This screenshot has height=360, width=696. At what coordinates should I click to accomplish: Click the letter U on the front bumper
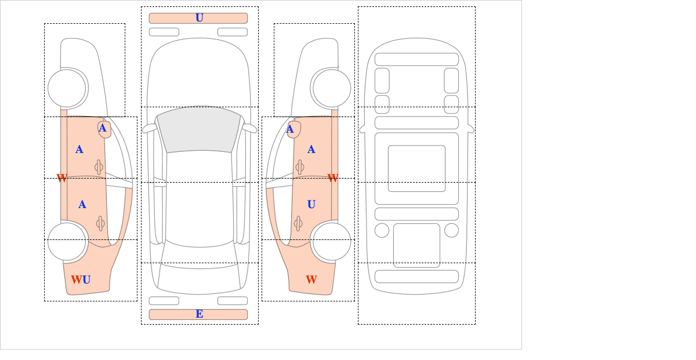click(x=200, y=18)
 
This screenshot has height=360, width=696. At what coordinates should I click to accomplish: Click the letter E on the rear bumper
click(x=200, y=314)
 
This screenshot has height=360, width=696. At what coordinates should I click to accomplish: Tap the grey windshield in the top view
click(x=199, y=129)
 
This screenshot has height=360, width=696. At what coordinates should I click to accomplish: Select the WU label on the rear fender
click(x=81, y=279)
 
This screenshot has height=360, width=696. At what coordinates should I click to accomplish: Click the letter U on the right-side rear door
click(x=311, y=205)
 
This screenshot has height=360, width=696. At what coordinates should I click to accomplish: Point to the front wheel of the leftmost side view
click(x=67, y=88)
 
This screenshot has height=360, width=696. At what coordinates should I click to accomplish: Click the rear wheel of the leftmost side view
click(x=67, y=241)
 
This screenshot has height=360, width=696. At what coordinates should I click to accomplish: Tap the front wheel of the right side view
click(x=332, y=88)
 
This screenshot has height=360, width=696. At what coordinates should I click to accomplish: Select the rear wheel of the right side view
click(x=332, y=241)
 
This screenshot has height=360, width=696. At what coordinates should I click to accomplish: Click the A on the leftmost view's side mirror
click(x=103, y=128)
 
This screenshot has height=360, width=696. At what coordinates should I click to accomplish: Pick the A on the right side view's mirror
click(x=290, y=129)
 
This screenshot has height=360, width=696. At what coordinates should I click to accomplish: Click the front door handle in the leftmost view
click(x=99, y=168)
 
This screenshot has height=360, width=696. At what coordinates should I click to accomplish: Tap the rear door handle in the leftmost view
click(x=100, y=223)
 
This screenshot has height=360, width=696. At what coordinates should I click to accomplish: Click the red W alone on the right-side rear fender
click(x=311, y=279)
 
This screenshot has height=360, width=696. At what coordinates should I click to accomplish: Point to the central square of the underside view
click(x=416, y=168)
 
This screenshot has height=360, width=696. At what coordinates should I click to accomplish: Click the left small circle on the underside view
click(x=382, y=231)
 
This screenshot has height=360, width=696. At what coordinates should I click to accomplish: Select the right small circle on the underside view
click(x=451, y=231)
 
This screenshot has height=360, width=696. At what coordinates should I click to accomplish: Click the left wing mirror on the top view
click(x=150, y=128)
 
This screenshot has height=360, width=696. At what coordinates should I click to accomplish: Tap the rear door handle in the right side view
click(x=298, y=223)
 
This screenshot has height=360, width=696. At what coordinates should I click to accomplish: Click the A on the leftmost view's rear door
click(x=82, y=205)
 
